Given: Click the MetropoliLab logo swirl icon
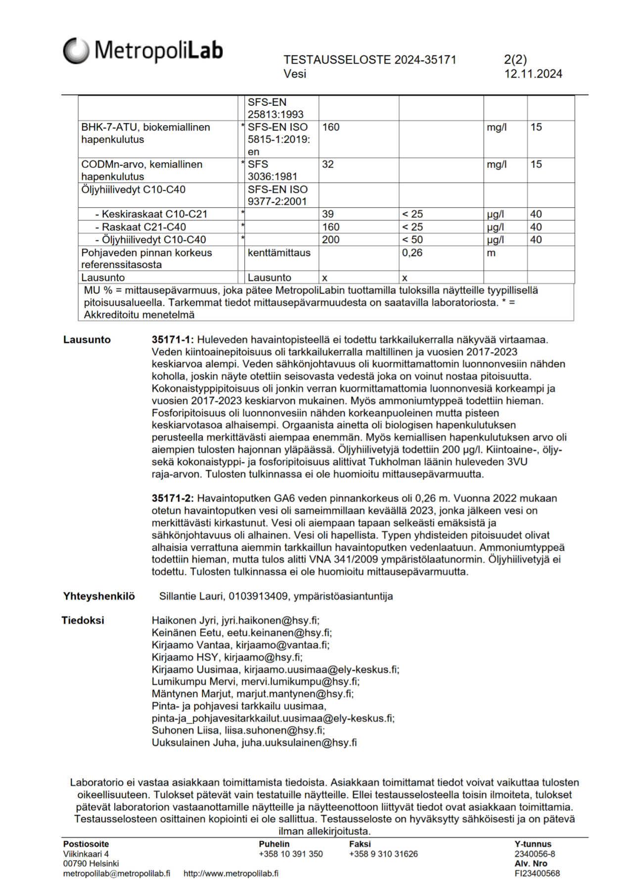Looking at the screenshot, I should tap(76, 50).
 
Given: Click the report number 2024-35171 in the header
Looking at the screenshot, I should tap(425, 60).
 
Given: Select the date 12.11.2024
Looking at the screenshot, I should tap(533, 74).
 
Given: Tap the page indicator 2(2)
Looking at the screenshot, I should tap(515, 60).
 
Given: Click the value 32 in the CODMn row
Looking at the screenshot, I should tap(328, 164).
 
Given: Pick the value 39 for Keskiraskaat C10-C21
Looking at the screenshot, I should tap(328, 214).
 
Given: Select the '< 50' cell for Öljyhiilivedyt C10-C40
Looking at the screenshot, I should tap(412, 240).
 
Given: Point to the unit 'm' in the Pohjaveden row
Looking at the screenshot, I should tap(491, 253).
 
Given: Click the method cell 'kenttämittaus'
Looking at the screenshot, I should tap(279, 253).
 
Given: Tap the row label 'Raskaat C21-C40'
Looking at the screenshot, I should tap(143, 227).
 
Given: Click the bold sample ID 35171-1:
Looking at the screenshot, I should tap(173, 340).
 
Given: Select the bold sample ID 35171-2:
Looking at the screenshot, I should tap(173, 498).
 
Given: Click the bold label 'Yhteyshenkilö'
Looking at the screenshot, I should tap(99, 596).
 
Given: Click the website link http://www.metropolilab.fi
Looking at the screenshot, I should tap(231, 874).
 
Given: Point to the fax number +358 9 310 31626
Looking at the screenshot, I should tap(383, 854).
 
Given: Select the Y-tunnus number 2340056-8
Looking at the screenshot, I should tap(535, 854).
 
